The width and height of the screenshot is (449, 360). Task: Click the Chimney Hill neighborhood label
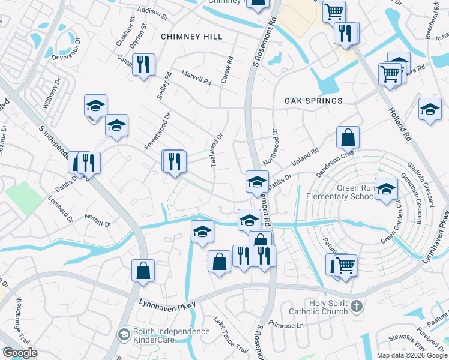coord(192,37)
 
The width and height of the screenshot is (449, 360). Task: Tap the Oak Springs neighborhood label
coord(313,101)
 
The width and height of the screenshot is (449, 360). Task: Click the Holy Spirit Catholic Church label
coord(318,307)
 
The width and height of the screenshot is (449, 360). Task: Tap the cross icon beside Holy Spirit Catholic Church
coord(357,307)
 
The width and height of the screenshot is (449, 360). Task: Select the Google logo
coord(20,353)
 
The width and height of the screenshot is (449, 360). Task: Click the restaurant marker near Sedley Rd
coord(143,64)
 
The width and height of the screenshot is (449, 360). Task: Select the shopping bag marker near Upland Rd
coord(348,137)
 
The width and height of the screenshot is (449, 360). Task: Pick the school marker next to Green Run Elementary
coord(386,189)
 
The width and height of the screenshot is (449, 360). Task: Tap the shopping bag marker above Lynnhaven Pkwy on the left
coord(143,270)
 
